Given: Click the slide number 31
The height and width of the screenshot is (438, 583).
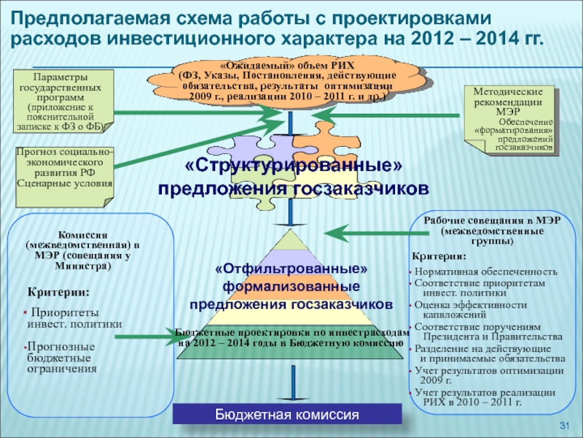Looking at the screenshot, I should click(563, 426).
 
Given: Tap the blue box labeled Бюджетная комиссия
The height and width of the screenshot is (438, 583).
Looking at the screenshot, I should click(287, 415).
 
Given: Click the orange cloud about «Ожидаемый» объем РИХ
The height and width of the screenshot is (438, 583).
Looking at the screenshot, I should click(286, 81).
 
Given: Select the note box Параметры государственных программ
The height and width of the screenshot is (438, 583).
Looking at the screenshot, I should click(62, 101).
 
